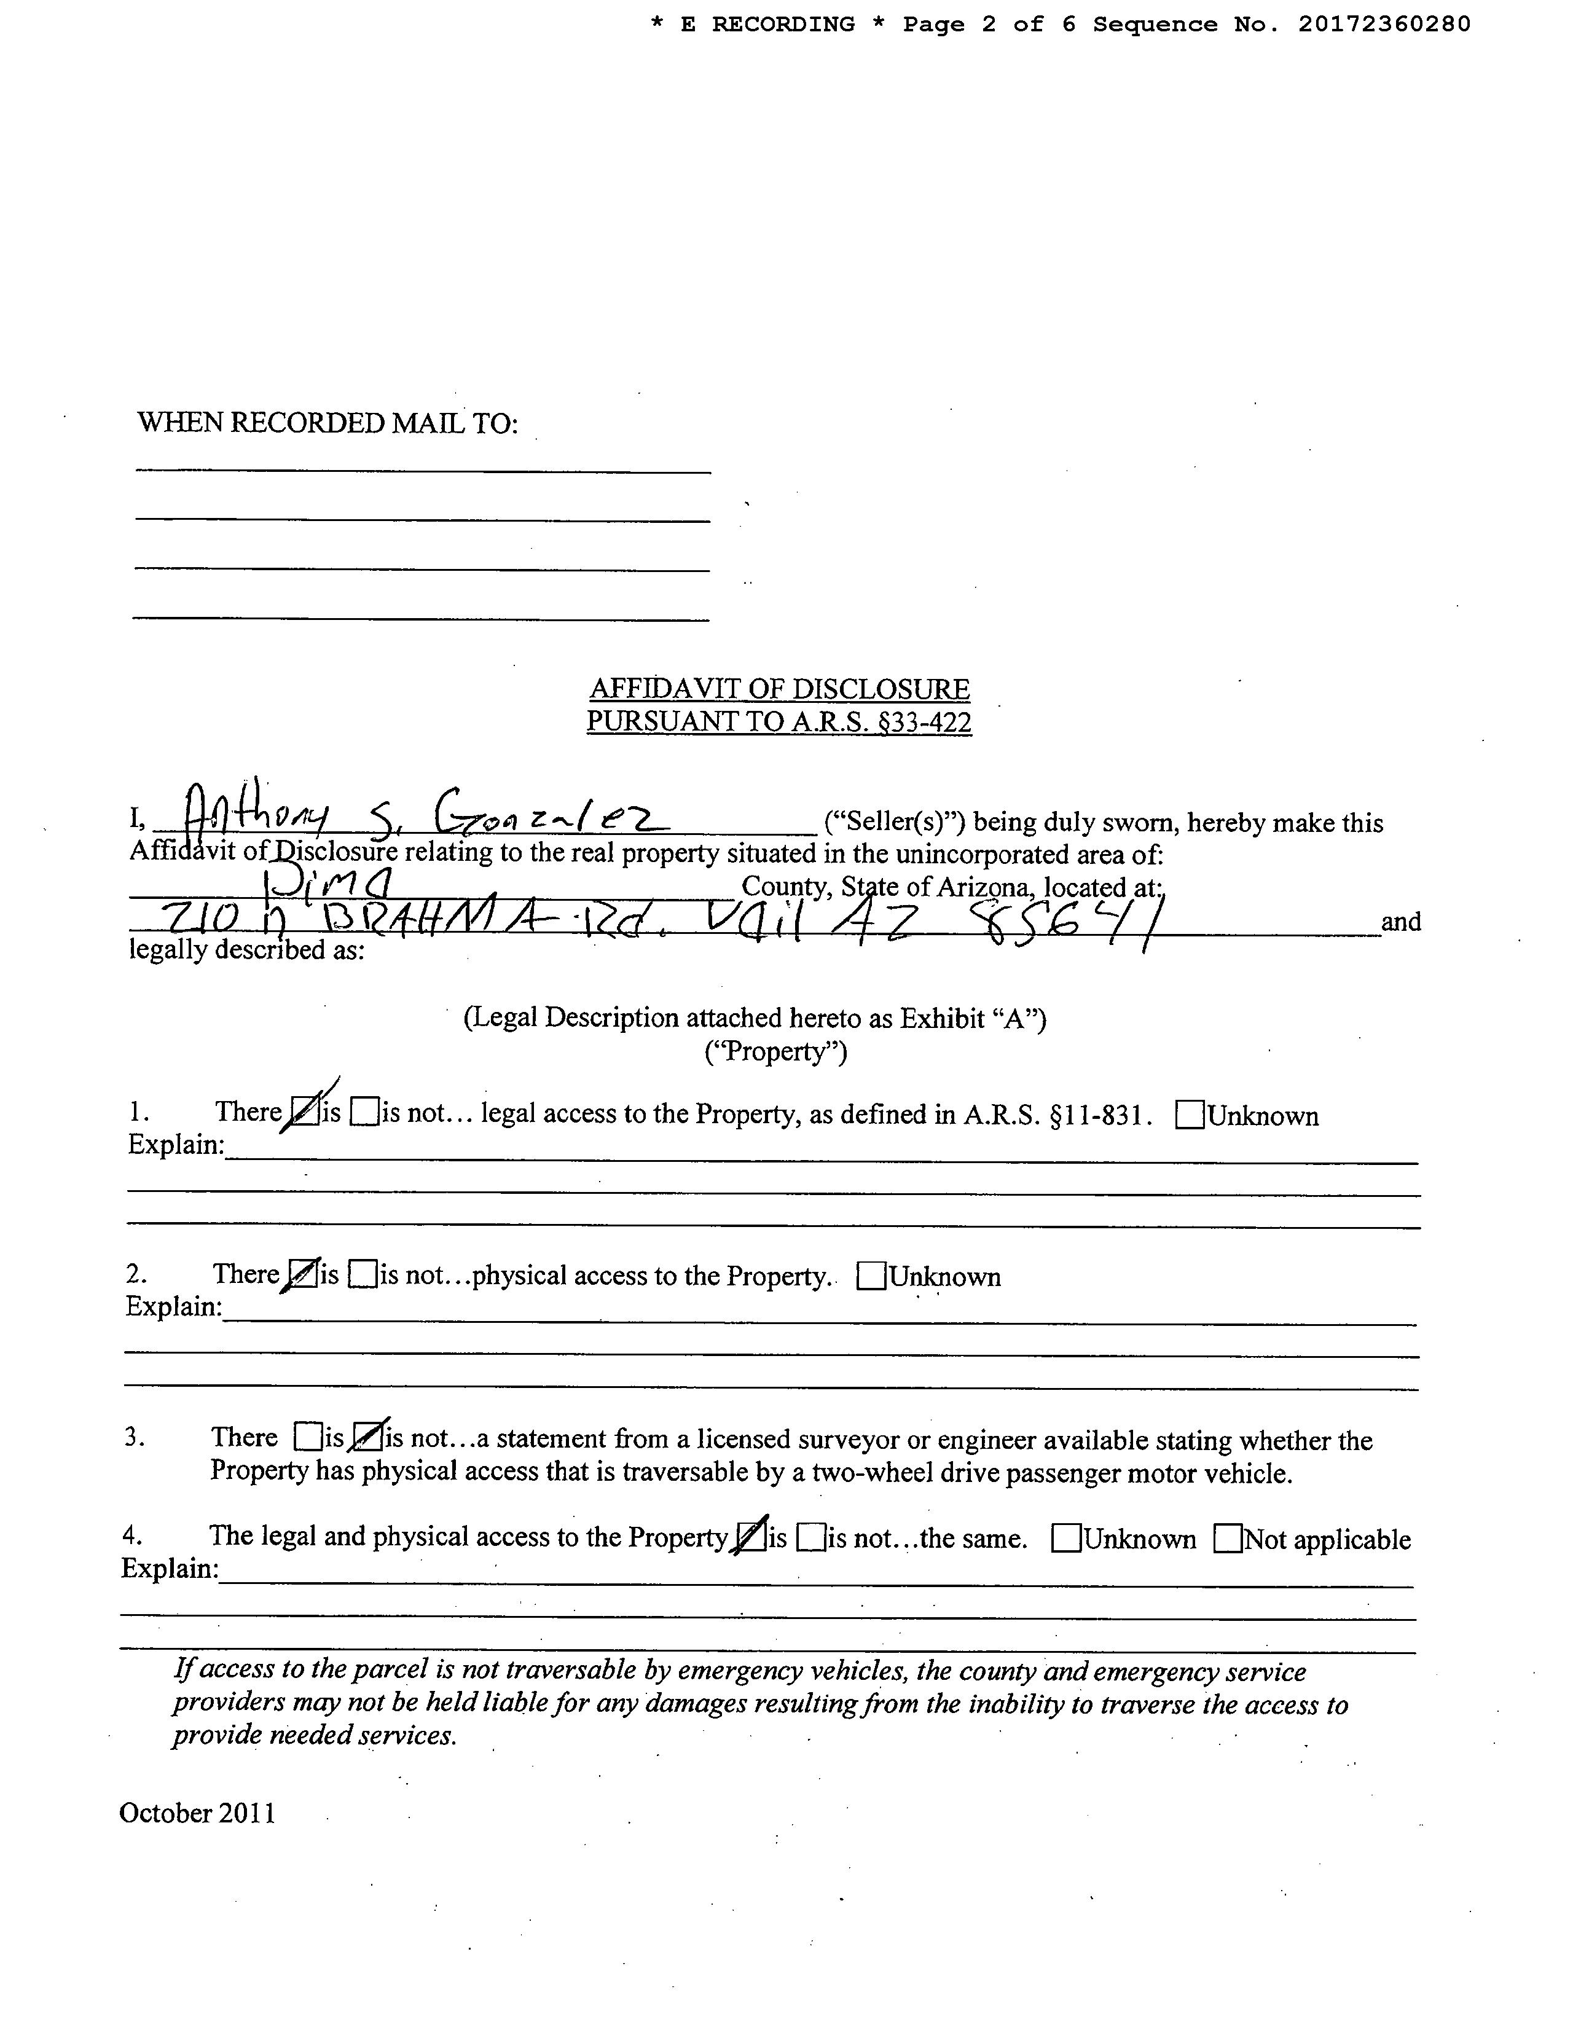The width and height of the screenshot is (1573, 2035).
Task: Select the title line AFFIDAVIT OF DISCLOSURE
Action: (x=779, y=689)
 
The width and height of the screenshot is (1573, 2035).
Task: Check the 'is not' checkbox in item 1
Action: (x=364, y=1113)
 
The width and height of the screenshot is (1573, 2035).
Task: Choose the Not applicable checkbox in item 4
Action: (x=1228, y=1539)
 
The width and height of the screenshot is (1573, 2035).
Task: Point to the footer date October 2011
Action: (x=198, y=1813)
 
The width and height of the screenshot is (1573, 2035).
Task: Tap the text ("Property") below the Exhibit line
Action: (x=775, y=1052)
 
